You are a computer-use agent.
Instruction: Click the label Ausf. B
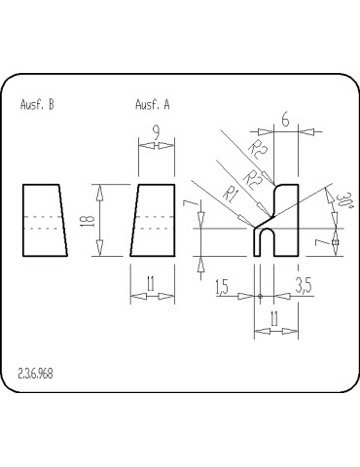(37, 105)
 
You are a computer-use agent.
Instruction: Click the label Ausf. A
(152, 105)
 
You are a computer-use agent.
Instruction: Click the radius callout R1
(230, 195)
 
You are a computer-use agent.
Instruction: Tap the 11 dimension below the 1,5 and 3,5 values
(275, 317)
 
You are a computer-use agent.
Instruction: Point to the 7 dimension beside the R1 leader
(198, 209)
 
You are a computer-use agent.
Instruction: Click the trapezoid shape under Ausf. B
(43, 220)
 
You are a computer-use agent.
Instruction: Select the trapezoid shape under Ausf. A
(153, 220)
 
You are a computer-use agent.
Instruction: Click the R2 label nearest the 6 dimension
(258, 148)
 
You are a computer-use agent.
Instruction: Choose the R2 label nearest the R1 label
(252, 178)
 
